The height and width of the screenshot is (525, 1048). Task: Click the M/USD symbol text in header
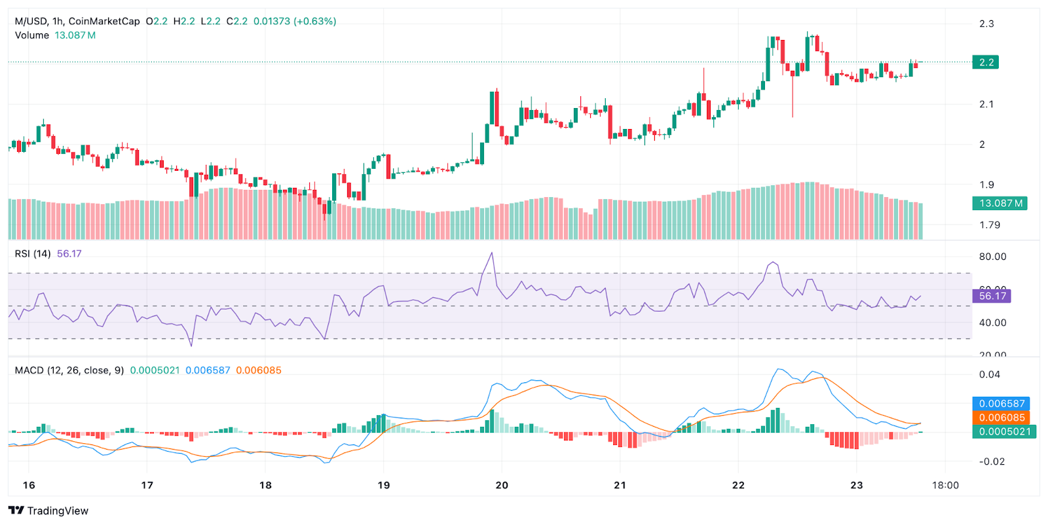tap(30, 21)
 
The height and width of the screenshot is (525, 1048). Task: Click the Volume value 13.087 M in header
tap(75, 35)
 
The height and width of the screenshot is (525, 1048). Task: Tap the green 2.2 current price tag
tap(986, 62)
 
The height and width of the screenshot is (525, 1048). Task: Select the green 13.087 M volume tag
tap(1000, 203)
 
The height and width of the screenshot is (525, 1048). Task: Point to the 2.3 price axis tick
tap(986, 24)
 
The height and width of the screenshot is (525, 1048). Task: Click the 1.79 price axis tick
tap(989, 225)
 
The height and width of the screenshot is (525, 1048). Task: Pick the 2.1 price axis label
tap(986, 104)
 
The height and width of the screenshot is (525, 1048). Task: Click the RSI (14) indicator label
tap(33, 253)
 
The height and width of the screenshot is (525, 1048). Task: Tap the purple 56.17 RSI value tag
tap(992, 296)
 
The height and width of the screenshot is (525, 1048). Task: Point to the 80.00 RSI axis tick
tap(992, 257)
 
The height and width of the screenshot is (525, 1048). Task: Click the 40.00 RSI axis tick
tap(992, 322)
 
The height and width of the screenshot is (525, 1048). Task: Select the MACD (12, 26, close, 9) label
tap(69, 371)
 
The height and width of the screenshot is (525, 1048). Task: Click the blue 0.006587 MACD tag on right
tap(1001, 403)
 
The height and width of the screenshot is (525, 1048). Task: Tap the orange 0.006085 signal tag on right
tap(1001, 418)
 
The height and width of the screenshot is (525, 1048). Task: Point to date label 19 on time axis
tap(384, 485)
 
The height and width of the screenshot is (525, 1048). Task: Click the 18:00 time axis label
tap(945, 485)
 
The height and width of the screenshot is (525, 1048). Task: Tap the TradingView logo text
tap(57, 511)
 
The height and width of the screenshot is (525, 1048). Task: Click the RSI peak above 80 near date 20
tap(492, 253)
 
